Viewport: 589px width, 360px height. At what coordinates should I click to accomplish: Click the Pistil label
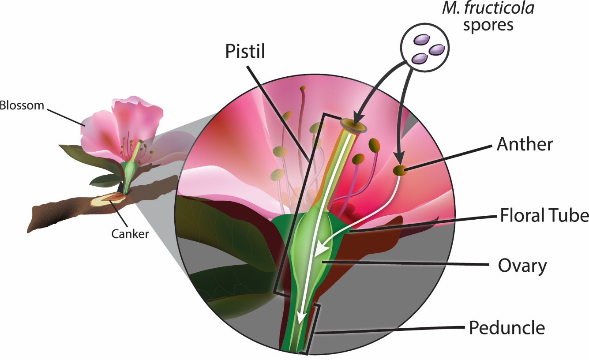click(245, 52)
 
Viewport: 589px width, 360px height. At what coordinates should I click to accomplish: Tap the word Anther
click(524, 144)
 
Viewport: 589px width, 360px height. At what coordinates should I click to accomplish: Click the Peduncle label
click(507, 328)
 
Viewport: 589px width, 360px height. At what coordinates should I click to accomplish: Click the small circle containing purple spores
click(424, 47)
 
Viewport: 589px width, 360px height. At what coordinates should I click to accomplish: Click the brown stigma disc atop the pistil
click(354, 124)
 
